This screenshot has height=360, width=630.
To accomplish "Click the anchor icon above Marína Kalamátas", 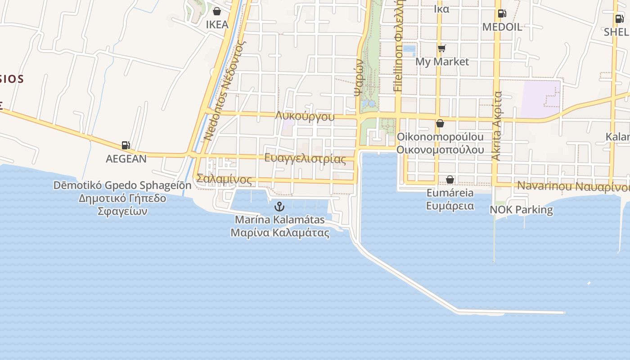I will tap(279, 207).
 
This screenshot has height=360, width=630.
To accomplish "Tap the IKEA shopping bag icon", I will tap(217, 11).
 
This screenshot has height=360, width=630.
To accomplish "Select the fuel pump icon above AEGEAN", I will tap(126, 145).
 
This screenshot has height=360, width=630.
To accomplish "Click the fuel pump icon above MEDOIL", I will tap(502, 13).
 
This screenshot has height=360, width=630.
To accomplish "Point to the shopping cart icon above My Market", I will tap(441, 48).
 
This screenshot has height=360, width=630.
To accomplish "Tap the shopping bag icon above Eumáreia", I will tap(450, 180).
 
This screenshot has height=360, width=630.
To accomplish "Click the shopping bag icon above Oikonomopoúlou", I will tap(440, 123).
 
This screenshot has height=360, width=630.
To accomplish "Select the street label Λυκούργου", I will tap(305, 117).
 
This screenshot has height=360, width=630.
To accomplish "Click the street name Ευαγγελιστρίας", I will tap(305, 158).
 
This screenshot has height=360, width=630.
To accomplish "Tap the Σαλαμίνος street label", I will tap(224, 180).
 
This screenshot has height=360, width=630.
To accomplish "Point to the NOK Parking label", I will tap(521, 210).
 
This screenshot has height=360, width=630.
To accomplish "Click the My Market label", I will tap(442, 62).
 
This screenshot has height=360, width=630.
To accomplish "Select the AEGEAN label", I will tap(126, 159).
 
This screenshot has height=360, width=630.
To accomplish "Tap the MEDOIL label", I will tap(502, 27).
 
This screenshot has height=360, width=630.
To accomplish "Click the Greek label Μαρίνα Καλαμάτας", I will tap(279, 233).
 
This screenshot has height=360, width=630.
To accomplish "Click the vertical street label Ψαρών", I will tap(359, 78).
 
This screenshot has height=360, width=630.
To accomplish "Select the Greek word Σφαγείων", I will tap(122, 211).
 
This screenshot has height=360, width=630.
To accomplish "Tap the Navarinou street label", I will tap(539, 185).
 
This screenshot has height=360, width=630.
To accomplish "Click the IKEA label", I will tap(217, 25).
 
